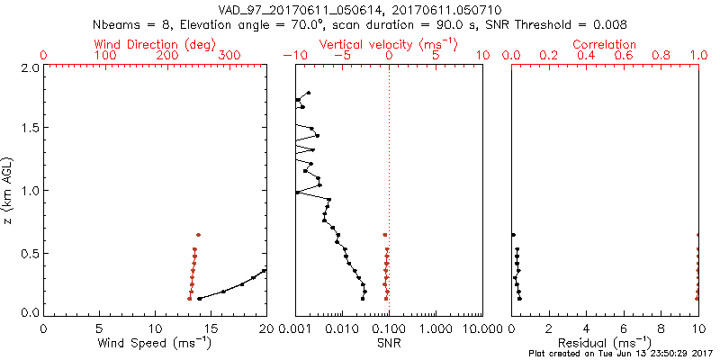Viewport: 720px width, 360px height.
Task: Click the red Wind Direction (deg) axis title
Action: tap(156, 44)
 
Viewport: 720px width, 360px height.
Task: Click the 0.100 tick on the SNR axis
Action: tap(389, 328)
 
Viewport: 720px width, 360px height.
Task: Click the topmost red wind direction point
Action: tap(198, 235)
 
